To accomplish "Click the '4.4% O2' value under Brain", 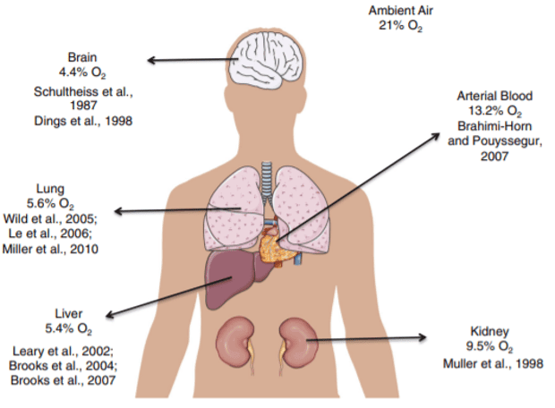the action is pos(82,72).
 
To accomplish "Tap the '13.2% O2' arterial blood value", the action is pos(495,111).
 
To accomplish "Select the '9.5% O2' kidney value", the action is pos(489,346).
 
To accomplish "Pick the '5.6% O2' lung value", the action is pos(50,204).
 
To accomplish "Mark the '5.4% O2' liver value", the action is pos(68,328).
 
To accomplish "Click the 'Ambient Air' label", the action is pos(401,11).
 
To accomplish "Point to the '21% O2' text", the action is pos(401,26).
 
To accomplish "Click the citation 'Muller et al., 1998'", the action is pos(493,363).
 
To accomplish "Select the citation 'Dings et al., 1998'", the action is pos(83,121).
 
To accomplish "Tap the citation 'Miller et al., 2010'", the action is pos(50,249).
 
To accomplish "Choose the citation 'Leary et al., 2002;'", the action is pos(63,351).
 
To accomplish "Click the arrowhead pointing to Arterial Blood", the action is pos(435,136).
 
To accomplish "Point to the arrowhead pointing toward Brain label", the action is pos(151,60).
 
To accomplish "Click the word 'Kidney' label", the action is pos(490,332).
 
